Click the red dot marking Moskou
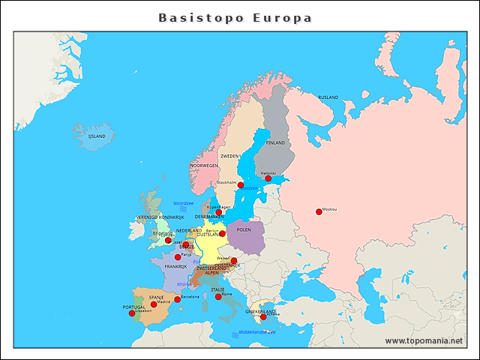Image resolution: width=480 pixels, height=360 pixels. (319, 211)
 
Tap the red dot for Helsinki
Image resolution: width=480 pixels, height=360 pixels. (268, 178)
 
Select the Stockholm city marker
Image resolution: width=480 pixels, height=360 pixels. (241, 185)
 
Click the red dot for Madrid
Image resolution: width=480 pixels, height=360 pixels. (154, 304)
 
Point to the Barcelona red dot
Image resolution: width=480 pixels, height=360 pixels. (177, 299)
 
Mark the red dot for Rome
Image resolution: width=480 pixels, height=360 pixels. (218, 297)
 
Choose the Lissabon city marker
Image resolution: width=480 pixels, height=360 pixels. (132, 313)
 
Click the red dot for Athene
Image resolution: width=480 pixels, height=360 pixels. (262, 316)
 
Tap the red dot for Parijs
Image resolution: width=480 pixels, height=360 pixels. (178, 257)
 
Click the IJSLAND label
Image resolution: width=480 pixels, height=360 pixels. (97, 137)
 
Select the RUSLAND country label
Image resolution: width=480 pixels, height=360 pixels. (328, 97)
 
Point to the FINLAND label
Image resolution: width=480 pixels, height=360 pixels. (275, 142)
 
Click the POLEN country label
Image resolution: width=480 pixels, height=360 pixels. (244, 229)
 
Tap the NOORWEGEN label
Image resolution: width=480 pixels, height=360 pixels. (204, 166)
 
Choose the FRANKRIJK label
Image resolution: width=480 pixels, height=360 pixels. (175, 266)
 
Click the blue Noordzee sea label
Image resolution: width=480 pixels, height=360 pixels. (184, 203)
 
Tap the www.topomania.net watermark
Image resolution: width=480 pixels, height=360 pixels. (424, 340)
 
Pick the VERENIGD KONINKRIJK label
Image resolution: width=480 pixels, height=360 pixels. (160, 217)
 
